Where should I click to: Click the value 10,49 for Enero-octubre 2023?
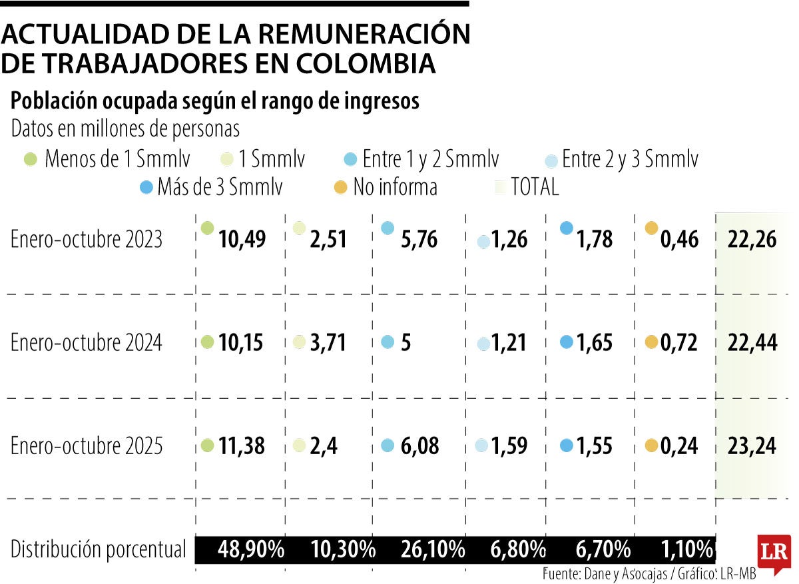pyautogui.click(x=242, y=240)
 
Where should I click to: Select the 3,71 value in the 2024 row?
pyautogui.click(x=328, y=343)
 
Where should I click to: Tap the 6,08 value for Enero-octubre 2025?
pyautogui.click(x=419, y=446)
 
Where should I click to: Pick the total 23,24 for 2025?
pyautogui.click(x=751, y=446)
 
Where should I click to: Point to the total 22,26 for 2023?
pyautogui.click(x=752, y=240)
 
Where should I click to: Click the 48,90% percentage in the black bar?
pyautogui.click(x=252, y=550)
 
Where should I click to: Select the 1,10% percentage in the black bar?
pyautogui.click(x=688, y=550)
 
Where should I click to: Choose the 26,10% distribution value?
pyautogui.click(x=433, y=550)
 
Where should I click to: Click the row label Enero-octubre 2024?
pyautogui.click(x=87, y=343)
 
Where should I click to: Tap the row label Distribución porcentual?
pyautogui.click(x=99, y=550)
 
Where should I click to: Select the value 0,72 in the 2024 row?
pyautogui.click(x=678, y=343)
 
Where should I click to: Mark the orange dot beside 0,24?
pyautogui.click(x=651, y=445)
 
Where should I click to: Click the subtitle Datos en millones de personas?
pyautogui.click(x=125, y=129)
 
